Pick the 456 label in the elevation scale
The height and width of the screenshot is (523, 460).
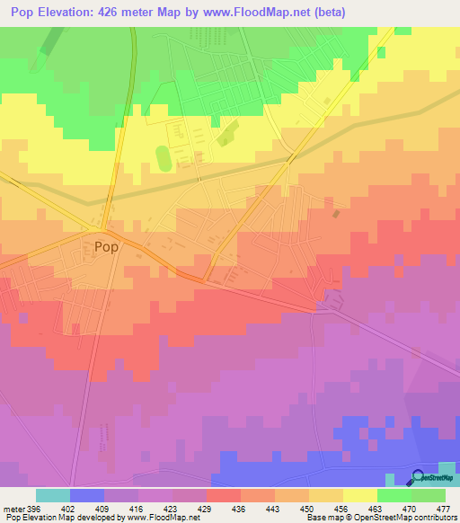click(340, 509)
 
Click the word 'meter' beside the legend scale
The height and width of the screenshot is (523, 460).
click(12, 509)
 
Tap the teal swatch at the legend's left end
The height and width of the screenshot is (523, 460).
click(52, 495)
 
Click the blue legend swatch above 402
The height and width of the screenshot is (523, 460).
click(86, 495)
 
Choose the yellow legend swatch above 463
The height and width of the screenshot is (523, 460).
click(360, 495)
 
